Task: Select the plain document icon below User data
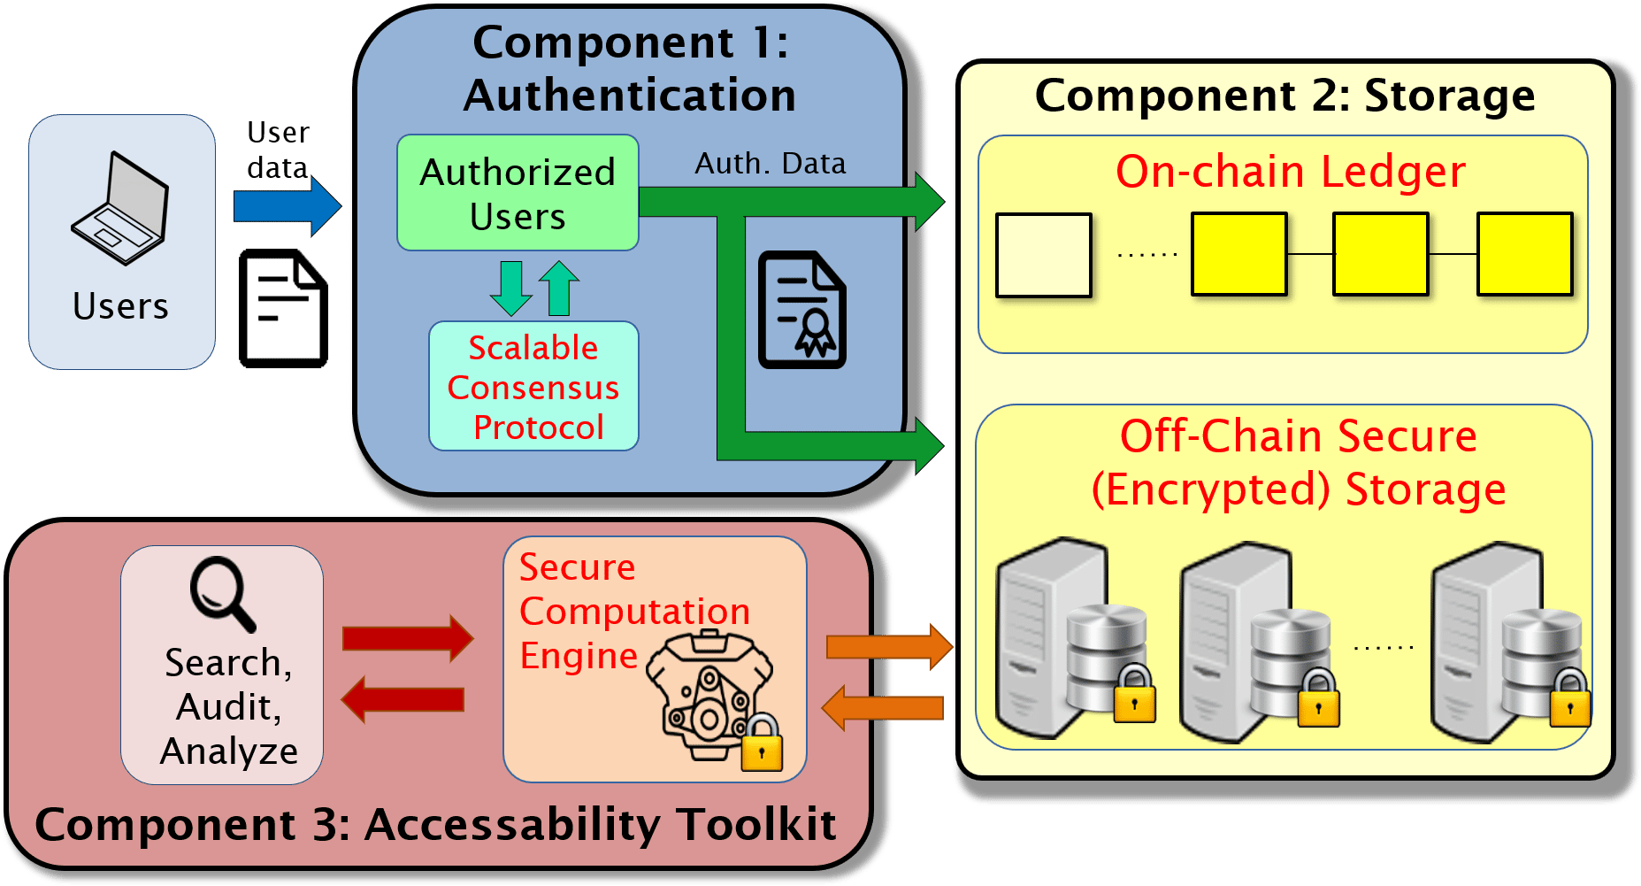coord(283,309)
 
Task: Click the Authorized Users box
coord(518,193)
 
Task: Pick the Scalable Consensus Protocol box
coord(533,387)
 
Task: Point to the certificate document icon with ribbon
coord(801,310)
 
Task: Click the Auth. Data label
coord(770,164)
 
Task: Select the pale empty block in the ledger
coord(1043,255)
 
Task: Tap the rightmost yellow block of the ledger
coord(1524,254)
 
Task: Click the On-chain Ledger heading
coord(1290,172)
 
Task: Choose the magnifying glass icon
coord(222,592)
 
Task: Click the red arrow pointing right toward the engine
coord(407,638)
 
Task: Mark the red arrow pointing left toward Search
coord(403,699)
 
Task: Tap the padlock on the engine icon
coord(761,744)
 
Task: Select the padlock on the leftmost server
coord(1134,696)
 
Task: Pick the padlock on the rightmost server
coord(1570,699)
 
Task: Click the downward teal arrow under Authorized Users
coord(510,287)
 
